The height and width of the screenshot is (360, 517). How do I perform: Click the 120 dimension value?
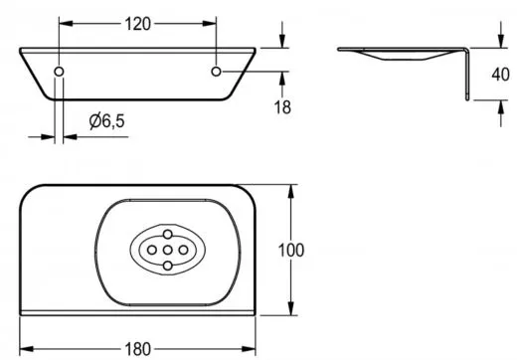[137, 24]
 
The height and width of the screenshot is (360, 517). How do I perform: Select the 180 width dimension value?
[137, 349]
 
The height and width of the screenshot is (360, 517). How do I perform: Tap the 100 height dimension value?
[290, 251]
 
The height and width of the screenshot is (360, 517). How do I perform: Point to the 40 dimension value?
[500, 75]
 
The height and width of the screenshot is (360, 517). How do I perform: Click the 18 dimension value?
[282, 107]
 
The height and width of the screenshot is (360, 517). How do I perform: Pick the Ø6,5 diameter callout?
[107, 120]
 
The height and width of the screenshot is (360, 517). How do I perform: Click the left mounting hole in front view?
[59, 72]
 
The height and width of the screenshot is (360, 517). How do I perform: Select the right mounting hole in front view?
[216, 72]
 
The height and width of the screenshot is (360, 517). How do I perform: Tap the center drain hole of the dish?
[168, 250]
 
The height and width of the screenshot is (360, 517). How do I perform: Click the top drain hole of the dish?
[168, 235]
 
